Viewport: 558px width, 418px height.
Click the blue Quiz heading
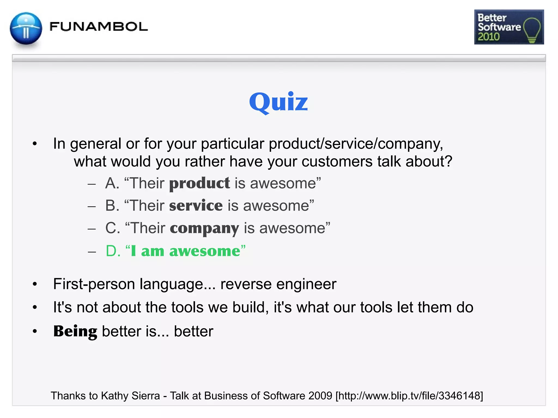278,102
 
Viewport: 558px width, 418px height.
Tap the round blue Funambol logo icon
26,29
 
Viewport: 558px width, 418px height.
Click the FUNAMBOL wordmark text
99,27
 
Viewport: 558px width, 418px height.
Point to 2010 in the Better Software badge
489,37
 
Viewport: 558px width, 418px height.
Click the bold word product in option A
199,183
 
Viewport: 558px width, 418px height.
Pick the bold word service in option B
196,205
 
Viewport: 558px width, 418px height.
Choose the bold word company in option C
204,228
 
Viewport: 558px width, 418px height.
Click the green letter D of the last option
113,251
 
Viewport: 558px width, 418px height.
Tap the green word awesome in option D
205,251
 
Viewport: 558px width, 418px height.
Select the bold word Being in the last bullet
75,331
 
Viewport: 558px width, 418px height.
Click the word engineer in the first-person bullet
306,284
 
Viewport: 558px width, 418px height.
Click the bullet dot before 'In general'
35,144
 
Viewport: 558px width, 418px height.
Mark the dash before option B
92,206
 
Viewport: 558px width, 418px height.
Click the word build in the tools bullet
248,308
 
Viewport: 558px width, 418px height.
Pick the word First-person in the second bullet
94,284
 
